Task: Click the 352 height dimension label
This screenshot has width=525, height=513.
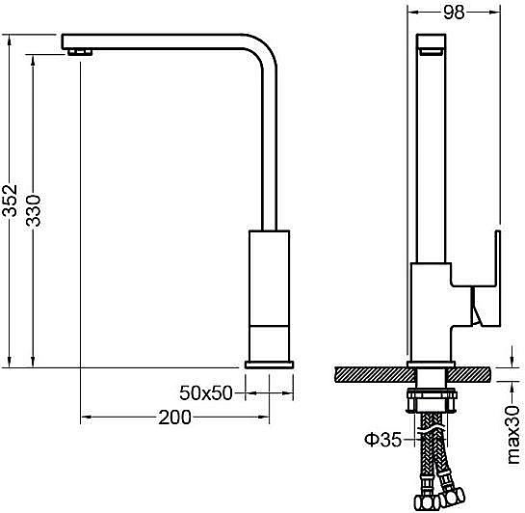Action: pyautogui.click(x=10, y=200)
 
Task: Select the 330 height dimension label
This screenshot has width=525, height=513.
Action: pyautogui.click(x=33, y=210)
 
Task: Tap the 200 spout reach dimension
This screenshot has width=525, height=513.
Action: pyautogui.click(x=174, y=418)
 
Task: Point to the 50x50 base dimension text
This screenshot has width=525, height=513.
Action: pyautogui.click(x=206, y=392)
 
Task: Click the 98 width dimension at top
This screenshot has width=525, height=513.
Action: pyautogui.click(x=454, y=13)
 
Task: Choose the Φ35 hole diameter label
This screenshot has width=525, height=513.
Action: pyautogui.click(x=382, y=440)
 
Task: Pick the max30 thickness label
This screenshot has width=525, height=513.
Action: pyautogui.click(x=512, y=435)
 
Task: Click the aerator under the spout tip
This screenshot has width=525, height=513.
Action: pyautogui.click(x=80, y=52)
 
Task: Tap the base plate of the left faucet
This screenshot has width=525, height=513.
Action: pyautogui.click(x=269, y=364)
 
